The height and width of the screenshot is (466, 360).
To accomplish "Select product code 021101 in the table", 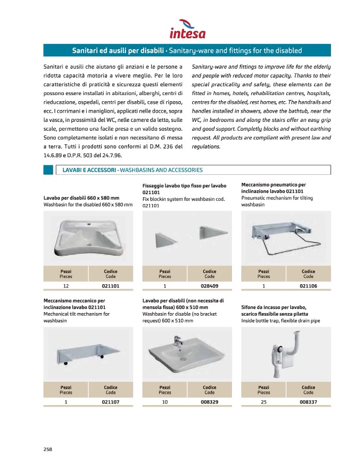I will (x=111, y=286).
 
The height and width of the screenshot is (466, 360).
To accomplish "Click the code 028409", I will (x=209, y=286).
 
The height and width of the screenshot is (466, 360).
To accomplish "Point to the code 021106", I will (x=308, y=286).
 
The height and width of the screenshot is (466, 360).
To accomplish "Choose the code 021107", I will (x=111, y=401).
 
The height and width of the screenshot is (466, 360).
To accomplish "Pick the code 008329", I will (x=209, y=401).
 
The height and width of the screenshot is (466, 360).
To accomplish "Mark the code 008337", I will (x=308, y=401).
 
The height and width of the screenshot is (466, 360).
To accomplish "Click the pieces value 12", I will (x=66, y=286).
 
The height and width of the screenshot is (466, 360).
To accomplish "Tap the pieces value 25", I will (x=263, y=401).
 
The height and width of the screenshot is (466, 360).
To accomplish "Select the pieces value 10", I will (x=165, y=401).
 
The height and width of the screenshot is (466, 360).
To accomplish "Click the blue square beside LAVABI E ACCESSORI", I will (x=48, y=170).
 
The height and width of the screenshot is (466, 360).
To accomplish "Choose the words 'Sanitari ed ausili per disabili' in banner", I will (x=117, y=51).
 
